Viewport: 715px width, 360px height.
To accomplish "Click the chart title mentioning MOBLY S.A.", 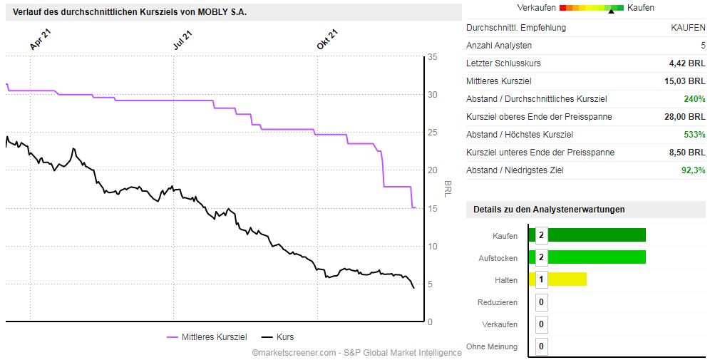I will pyautogui.click(x=130, y=12).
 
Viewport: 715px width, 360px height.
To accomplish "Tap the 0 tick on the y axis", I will pyautogui.click(x=430, y=322).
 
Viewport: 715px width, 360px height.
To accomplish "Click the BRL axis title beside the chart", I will pyautogui.click(x=448, y=189).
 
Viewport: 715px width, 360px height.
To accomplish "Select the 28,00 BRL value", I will pyautogui.click(x=684, y=117).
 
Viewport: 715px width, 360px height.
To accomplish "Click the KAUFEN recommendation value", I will pyautogui.click(x=688, y=28).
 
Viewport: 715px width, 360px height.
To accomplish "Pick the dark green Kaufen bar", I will pyautogui.click(x=596, y=235).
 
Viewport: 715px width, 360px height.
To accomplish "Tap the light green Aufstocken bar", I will pyautogui.click(x=596, y=257).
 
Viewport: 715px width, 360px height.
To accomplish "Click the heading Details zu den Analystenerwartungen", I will pyautogui.click(x=549, y=210).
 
